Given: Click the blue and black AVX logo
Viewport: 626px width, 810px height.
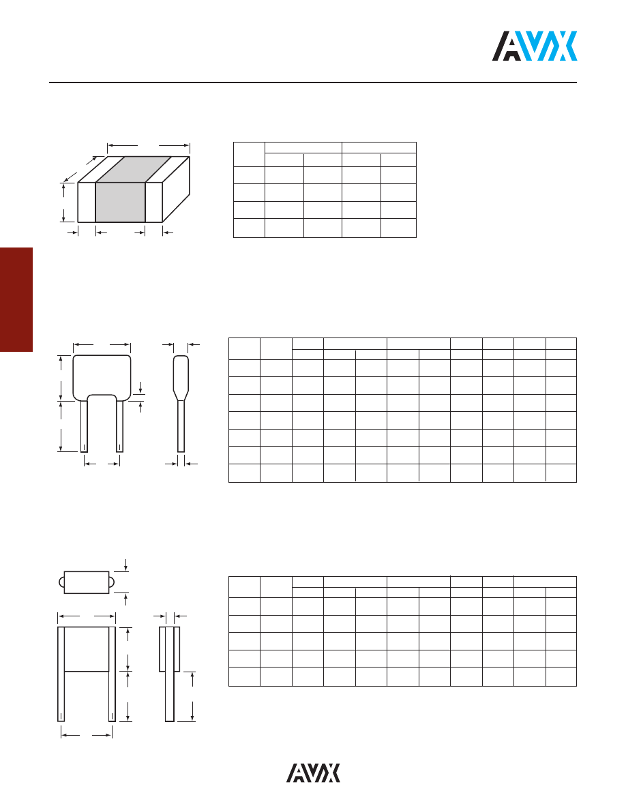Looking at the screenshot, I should click(535, 46).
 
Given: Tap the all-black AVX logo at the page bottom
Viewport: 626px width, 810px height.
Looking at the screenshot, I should click(313, 772).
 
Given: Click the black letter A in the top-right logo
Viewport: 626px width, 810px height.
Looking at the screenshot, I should click(507, 47).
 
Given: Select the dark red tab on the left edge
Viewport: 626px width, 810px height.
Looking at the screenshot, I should click(16, 300).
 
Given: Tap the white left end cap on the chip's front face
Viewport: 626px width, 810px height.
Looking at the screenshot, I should click(87, 202).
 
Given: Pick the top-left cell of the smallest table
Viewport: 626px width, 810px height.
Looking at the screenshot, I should click(248, 154).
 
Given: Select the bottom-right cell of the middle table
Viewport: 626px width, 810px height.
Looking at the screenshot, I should click(561, 472).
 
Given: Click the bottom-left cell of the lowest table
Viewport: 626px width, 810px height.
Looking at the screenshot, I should click(244, 676).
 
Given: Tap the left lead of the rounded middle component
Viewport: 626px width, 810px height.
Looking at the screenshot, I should click(84, 426).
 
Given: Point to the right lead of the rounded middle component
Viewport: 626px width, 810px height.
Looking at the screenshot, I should click(120, 426).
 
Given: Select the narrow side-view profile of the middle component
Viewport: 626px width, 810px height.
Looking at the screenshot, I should click(181, 402).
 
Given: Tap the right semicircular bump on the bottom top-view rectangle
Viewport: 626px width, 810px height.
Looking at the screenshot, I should click(113, 582).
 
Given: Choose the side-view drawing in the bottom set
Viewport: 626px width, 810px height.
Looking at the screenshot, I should click(170, 672).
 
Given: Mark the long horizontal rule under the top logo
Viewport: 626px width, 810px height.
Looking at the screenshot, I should click(313, 83).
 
